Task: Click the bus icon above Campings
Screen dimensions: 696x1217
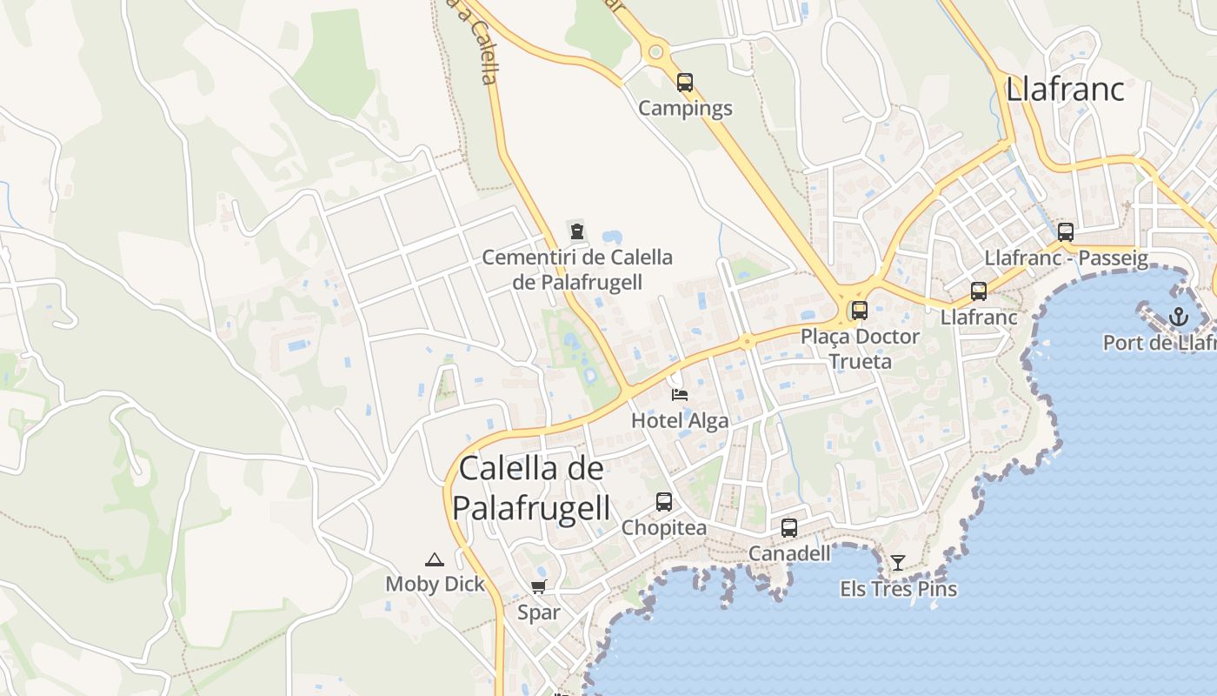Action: coord(685,83)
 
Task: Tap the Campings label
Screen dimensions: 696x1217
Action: coord(685,109)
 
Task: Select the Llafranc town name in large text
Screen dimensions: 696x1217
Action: coord(1065,90)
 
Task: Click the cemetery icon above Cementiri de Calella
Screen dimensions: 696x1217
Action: coord(576,231)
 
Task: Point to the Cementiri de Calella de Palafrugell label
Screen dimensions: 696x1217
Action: coord(577,270)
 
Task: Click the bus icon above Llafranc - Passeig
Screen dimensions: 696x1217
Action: coord(1066,232)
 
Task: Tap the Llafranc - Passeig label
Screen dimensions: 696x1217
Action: coord(1067,258)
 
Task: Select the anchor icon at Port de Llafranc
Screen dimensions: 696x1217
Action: coord(1178,317)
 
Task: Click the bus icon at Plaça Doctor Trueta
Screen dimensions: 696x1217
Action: coord(860,311)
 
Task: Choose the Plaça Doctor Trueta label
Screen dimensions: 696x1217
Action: coord(860,348)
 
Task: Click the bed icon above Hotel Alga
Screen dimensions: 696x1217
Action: coord(680,395)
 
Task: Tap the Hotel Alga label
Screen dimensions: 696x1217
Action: coord(680,421)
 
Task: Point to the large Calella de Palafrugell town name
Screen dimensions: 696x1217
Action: coord(531,488)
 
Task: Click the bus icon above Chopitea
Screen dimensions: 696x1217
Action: coord(664,502)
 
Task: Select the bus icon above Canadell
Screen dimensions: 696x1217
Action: coord(789,528)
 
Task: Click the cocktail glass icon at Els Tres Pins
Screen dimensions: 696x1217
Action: coord(898,563)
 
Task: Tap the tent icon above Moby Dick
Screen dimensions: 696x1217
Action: coord(435,559)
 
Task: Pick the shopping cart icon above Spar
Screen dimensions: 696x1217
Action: coord(539,587)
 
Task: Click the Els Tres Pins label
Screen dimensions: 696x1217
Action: coord(898,589)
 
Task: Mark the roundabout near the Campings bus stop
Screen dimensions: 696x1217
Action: coord(656,52)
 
